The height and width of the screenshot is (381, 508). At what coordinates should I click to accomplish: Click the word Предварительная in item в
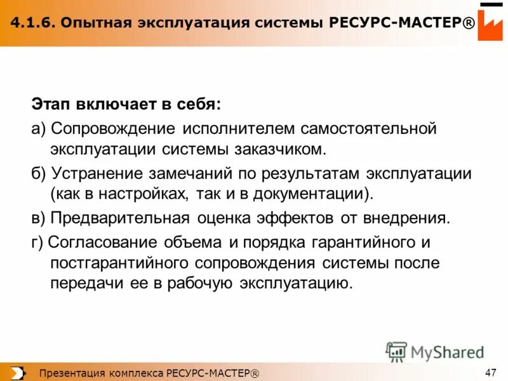120,218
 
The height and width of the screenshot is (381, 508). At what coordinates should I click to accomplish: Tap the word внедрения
403,218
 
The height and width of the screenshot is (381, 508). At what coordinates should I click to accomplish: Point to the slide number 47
490,372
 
